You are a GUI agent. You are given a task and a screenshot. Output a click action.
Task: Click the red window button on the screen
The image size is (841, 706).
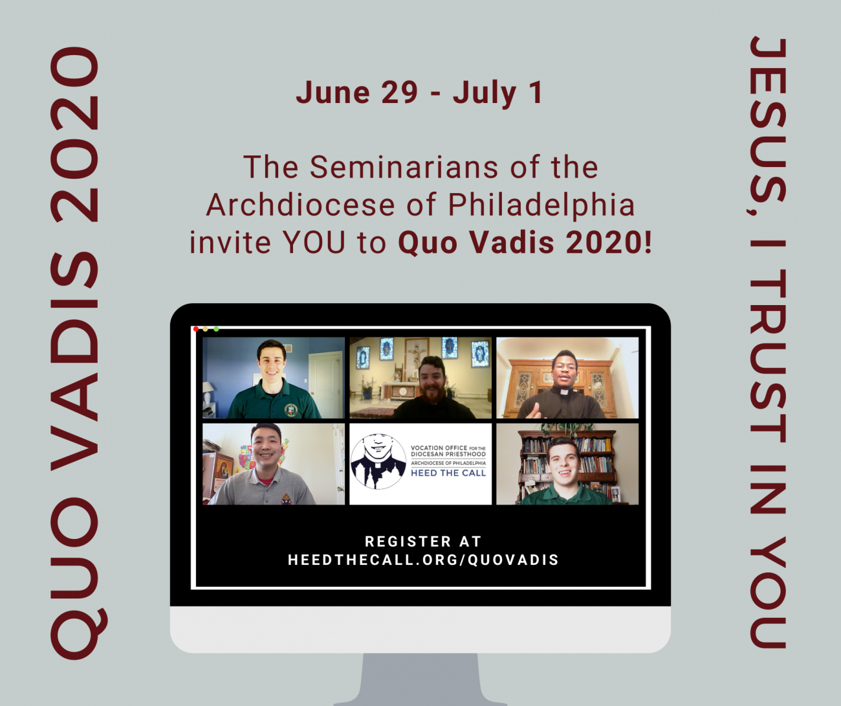196,329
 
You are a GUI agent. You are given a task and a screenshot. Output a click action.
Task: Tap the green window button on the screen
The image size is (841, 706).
216,329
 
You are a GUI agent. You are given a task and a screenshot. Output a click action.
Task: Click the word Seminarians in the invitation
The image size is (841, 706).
404,167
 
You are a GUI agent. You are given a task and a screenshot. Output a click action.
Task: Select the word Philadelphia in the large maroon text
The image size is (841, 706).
541,205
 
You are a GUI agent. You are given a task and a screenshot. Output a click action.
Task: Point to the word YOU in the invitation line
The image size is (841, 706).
314,243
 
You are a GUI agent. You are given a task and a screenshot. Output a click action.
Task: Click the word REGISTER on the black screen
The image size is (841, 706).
408,541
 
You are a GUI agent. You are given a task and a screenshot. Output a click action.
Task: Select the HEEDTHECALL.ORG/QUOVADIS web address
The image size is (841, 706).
423,560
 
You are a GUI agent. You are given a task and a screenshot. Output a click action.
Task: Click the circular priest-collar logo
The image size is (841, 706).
378,462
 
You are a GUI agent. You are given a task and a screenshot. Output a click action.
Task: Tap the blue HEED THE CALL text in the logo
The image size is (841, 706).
448,473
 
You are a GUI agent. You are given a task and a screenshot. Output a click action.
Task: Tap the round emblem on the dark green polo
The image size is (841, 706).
291,409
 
